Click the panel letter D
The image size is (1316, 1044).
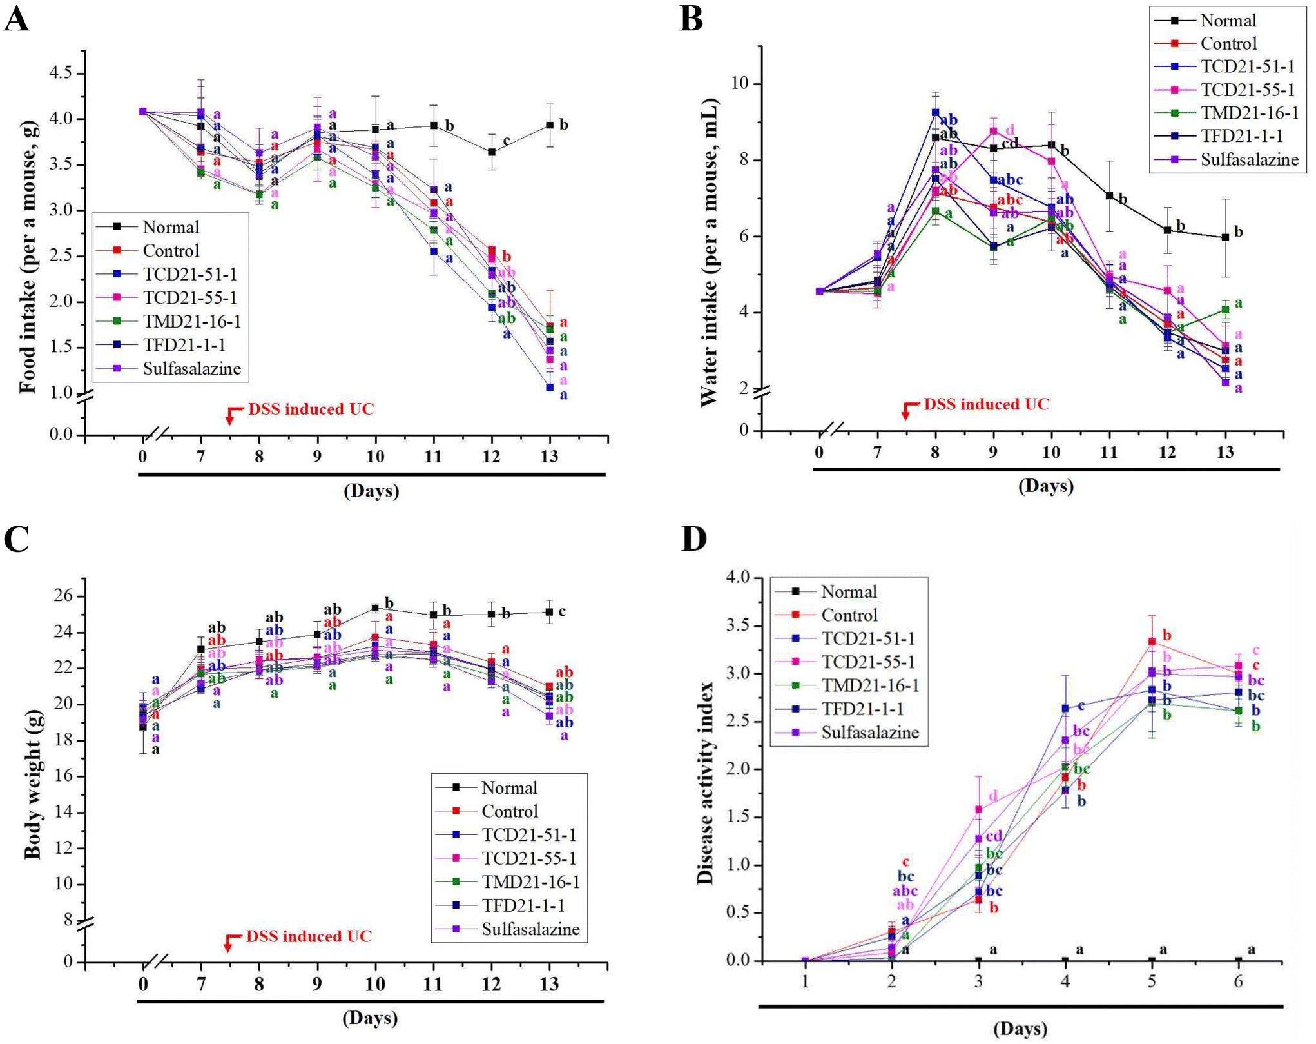click(694, 539)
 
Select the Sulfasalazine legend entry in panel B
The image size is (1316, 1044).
click(1249, 160)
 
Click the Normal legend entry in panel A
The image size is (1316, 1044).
click(171, 227)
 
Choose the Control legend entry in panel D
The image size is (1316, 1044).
click(849, 615)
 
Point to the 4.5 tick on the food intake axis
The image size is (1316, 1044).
click(61, 73)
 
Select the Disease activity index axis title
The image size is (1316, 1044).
click(706, 783)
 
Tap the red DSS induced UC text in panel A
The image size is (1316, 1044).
click(311, 409)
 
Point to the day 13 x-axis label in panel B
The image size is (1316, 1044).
click(1224, 451)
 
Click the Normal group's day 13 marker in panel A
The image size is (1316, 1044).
click(550, 125)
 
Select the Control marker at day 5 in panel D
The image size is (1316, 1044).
click(1152, 642)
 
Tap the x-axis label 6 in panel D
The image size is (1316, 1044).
click(1238, 982)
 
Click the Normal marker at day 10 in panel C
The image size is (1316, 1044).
click(375, 607)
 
